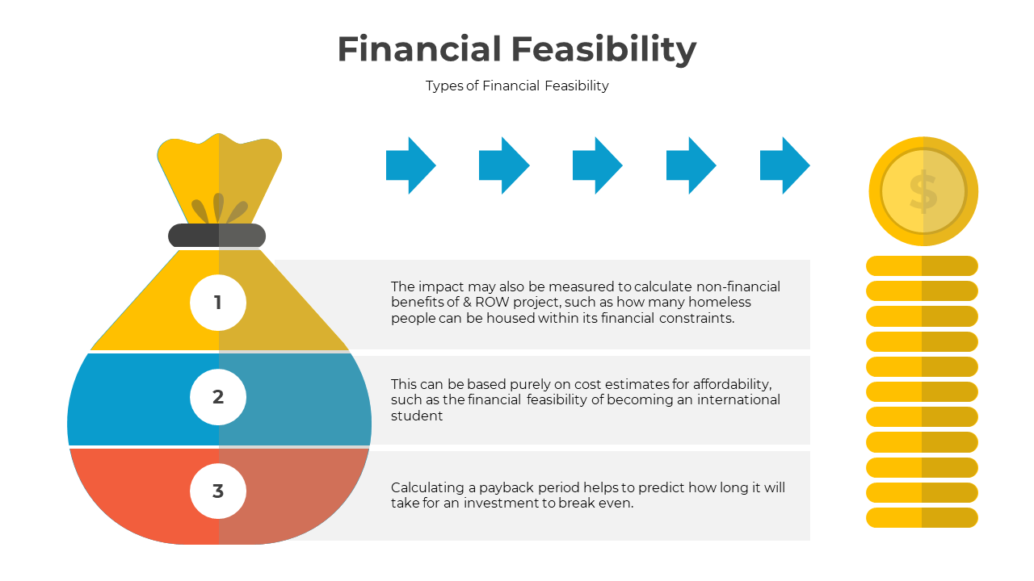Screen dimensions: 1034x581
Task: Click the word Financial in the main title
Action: [x=419, y=48]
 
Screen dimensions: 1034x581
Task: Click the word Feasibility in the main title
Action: [x=603, y=50]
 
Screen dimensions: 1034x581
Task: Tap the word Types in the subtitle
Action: [x=444, y=86]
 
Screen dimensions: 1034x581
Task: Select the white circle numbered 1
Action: [x=218, y=303]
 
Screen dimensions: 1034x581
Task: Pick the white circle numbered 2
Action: [x=218, y=397]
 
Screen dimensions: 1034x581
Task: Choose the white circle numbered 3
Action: [x=218, y=491]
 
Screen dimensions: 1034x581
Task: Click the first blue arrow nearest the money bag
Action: [x=411, y=165]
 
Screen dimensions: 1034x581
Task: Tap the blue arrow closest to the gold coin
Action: [x=784, y=165]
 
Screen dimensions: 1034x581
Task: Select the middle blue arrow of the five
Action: [x=597, y=165]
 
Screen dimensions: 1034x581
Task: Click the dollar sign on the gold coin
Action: [x=923, y=192]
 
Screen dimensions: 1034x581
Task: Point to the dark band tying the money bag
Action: [x=217, y=236]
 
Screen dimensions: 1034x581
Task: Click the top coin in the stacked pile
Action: [x=922, y=266]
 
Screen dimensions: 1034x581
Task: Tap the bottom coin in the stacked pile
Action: [x=922, y=518]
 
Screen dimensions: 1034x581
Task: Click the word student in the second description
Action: [x=417, y=416]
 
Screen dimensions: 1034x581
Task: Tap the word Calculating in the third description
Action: [x=427, y=488]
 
